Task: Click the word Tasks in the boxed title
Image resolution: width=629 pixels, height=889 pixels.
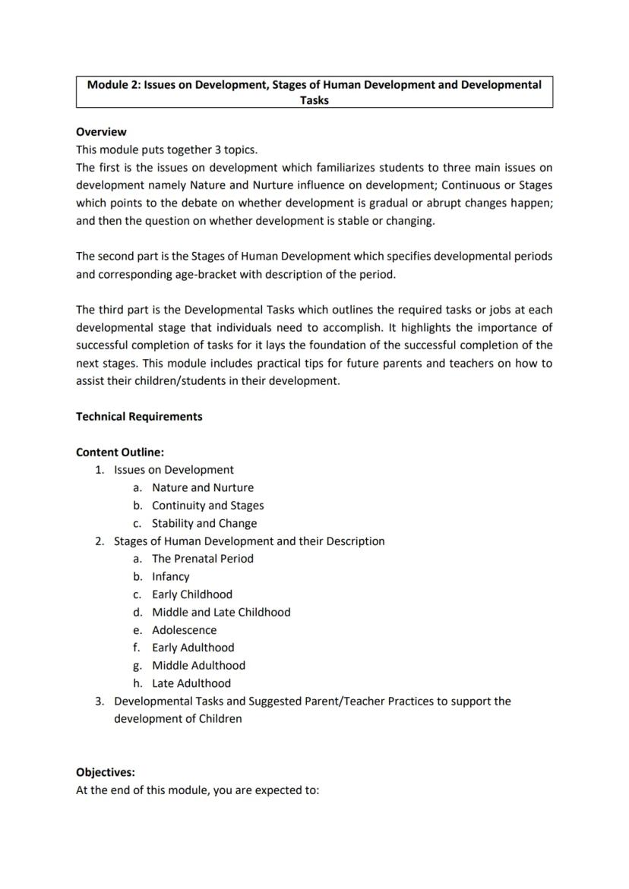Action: click(314, 100)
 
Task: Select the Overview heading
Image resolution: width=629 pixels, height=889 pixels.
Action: click(101, 132)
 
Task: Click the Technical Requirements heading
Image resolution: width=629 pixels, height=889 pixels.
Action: click(139, 417)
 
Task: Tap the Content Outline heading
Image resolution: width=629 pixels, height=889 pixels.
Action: click(120, 452)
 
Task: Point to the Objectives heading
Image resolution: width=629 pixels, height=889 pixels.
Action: click(105, 773)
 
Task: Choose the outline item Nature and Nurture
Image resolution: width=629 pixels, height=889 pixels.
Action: click(203, 488)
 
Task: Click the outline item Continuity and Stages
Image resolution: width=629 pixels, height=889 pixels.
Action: click(208, 506)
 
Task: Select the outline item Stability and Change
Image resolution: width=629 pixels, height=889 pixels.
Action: click(204, 524)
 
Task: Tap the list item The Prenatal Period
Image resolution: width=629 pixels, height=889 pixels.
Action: click(203, 559)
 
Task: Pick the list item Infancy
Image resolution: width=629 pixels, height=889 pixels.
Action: click(171, 577)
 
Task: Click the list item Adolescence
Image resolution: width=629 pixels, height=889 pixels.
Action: click(184, 630)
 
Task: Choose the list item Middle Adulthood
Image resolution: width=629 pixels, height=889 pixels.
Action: click(198, 666)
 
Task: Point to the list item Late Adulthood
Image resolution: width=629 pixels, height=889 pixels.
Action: click(191, 683)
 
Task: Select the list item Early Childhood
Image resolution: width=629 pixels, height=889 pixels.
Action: click(192, 594)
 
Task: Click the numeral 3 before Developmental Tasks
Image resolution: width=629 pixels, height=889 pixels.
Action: click(99, 701)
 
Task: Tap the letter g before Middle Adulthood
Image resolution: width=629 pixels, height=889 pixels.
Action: click(137, 666)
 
